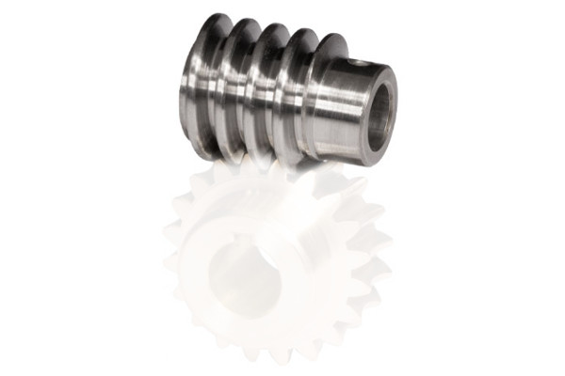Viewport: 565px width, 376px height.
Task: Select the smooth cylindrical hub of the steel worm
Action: coord(339,103)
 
